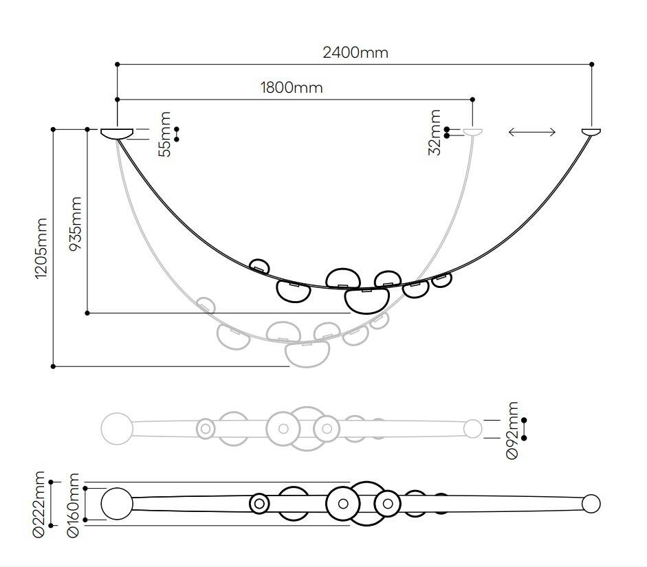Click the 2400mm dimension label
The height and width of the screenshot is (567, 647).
pyautogui.click(x=355, y=52)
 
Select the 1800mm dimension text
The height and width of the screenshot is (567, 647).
pyautogui.click(x=291, y=87)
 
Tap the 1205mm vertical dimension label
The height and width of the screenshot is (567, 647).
pyautogui.click(x=41, y=248)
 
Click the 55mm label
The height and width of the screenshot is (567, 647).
pyautogui.click(x=165, y=134)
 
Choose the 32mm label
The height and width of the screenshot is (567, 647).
pyautogui.click(x=435, y=133)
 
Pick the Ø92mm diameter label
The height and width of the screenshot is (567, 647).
pyautogui.click(x=513, y=430)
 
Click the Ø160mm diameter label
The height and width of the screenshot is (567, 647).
pyautogui.click(x=74, y=505)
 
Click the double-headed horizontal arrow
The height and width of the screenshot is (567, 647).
pyautogui.click(x=531, y=132)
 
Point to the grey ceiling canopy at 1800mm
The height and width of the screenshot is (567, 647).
pyautogui.click(x=472, y=131)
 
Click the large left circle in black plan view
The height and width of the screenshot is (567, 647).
pyautogui.click(x=117, y=504)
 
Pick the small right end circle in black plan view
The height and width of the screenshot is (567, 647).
pyautogui.click(x=591, y=504)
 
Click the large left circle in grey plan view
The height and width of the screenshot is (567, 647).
pyautogui.click(x=117, y=427)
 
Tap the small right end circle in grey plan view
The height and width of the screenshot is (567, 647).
pyautogui.click(x=472, y=429)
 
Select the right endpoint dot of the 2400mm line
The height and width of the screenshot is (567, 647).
pyautogui.click(x=592, y=65)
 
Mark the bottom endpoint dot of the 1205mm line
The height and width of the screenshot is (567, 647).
pyautogui.click(x=54, y=366)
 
